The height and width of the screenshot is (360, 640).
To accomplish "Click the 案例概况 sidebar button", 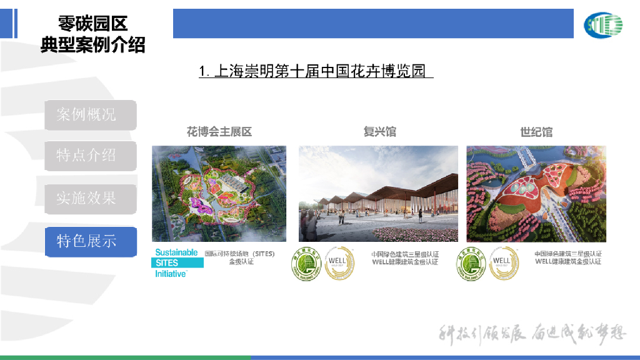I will point(90,115).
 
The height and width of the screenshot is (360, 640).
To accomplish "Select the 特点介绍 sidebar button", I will point(90,156).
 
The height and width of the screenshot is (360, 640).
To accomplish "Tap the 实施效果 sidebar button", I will point(90,199).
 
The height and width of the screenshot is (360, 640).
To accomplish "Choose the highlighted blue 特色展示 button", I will point(90,241).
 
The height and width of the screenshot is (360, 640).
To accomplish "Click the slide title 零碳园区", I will point(92,24).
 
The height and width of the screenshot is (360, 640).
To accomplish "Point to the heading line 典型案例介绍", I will point(92,45).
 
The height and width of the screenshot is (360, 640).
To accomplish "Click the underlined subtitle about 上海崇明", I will point(316,71).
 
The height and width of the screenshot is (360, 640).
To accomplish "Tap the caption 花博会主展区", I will point(219,132).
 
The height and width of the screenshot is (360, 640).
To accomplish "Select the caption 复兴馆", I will point(379,132).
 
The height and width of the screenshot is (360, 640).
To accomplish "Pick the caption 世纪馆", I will point(536,132).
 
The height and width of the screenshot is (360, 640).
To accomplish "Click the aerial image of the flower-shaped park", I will point(219,194).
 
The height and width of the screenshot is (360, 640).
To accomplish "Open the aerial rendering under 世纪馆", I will point(536,194).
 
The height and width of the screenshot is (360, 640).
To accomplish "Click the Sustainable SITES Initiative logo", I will point(177,263).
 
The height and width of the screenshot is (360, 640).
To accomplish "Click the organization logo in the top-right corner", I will point(603,25).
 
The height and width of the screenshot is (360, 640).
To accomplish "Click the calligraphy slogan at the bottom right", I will point(531,334).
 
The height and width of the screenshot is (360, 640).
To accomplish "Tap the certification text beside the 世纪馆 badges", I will point(567,258).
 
